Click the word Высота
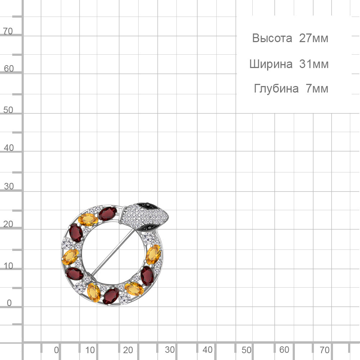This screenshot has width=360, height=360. [x=272, y=38]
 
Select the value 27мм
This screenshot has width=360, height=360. [x=314, y=38]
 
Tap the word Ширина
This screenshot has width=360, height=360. [x=271, y=64]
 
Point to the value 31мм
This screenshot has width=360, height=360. [x=314, y=64]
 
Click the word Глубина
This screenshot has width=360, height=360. [x=276, y=89]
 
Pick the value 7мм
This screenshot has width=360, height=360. [x=317, y=89]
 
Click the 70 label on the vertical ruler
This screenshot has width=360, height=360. [x=8, y=31]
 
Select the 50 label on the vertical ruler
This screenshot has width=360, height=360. [x=8, y=110]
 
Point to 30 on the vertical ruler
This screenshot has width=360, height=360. [x=9, y=186]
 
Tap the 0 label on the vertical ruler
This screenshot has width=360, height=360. [x=9, y=303]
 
